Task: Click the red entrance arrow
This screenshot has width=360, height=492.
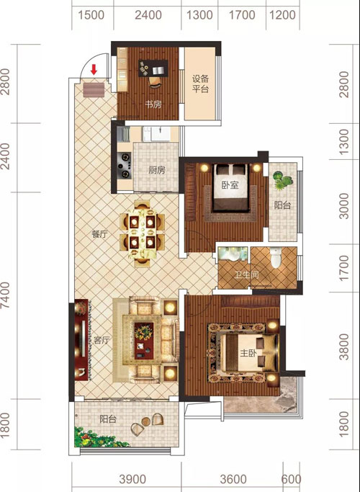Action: coord(94,70)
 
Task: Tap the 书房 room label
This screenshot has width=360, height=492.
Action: coord(153,104)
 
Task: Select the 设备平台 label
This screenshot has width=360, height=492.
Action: coord(201,84)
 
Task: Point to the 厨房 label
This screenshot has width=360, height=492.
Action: coord(157,170)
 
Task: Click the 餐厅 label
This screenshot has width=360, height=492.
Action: coord(100,234)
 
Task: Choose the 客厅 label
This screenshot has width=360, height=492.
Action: coord(102,340)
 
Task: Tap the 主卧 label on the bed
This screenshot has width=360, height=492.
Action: coord(248,353)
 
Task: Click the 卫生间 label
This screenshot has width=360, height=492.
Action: coord(246,275)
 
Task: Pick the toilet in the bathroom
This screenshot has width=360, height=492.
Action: coord(276,257)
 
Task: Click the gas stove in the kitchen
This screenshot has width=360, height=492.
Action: coord(124,166)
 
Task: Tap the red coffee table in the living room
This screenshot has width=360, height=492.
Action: coord(144,341)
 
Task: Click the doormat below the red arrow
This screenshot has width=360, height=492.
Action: coord(94,90)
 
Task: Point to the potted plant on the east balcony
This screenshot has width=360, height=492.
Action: coord(282,180)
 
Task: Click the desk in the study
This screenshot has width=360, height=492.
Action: coord(153,68)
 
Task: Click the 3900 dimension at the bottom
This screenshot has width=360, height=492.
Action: coord(132,479)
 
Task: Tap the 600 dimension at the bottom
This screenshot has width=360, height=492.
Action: coord(292,479)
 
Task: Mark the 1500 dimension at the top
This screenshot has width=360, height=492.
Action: coord(91,15)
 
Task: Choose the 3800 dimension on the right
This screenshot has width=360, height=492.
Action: coord(344,346)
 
